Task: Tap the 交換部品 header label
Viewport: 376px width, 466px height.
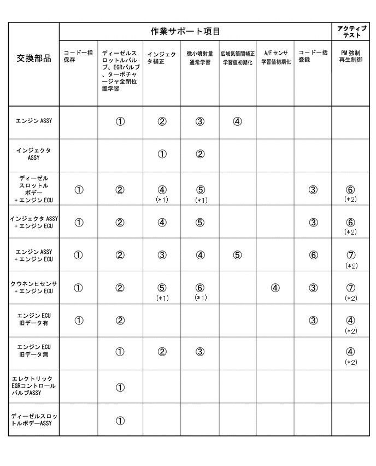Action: pos(34,59)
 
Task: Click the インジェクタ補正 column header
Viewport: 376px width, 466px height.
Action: pos(161,58)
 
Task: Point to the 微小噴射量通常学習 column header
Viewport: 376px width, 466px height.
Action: pos(199,58)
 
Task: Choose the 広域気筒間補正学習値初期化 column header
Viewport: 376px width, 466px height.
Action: pos(238,58)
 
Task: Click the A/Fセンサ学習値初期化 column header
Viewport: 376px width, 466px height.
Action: pos(275,58)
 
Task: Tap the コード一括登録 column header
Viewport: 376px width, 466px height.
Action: pos(313,56)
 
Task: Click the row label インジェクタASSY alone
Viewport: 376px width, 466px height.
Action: pos(34,154)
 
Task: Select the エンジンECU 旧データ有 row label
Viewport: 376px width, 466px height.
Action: pos(34,321)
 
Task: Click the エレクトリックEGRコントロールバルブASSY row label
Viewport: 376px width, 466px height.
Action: pos(34,386)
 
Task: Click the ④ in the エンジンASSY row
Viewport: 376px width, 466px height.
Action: pos(237,121)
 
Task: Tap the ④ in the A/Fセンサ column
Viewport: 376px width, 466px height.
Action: pos(275,288)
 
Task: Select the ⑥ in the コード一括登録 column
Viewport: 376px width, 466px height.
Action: pos(313,255)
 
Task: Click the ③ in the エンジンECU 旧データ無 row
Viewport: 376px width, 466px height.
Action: pos(199,352)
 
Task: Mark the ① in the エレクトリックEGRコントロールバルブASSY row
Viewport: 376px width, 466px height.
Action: pos(120,387)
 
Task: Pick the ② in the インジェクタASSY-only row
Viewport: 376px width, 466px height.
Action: pos(199,154)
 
